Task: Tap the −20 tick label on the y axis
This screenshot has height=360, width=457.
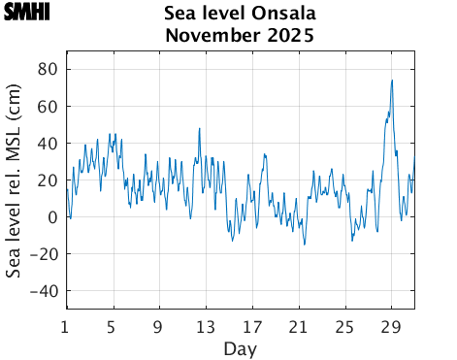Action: click(44, 254)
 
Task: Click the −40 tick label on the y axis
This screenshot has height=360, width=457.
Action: click(44, 291)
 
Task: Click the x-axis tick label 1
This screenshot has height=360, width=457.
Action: click(66, 325)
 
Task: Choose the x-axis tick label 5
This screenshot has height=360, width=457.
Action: click(113, 325)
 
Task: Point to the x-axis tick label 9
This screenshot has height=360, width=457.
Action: click(159, 325)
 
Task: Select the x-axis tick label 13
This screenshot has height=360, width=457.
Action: click(206, 325)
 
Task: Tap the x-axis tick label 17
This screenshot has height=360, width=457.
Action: click(252, 325)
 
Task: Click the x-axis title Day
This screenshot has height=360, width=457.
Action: click(240, 347)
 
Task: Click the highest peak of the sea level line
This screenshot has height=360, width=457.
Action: click(392, 81)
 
